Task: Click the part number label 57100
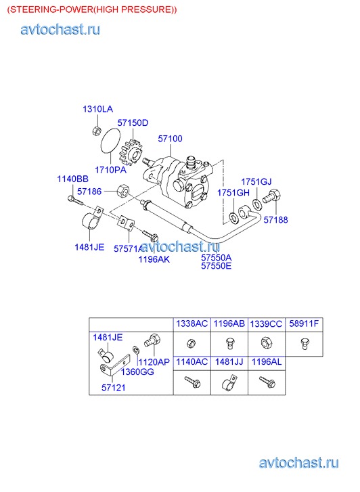pyautogui.click(x=170, y=139)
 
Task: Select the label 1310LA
pyautogui.click(x=97, y=109)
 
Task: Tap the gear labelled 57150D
pyautogui.click(x=132, y=153)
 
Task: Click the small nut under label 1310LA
pyautogui.click(x=97, y=130)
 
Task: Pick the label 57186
pyautogui.click(x=89, y=192)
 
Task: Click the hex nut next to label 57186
pyautogui.click(x=123, y=191)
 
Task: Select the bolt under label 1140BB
pyautogui.click(x=75, y=200)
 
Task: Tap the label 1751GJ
pyautogui.click(x=256, y=181)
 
